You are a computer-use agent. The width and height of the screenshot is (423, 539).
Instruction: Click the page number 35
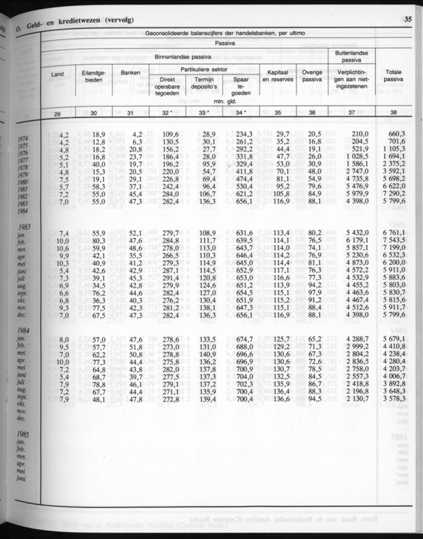(x=408, y=20)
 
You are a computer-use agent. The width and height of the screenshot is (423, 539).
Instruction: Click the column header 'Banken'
(x=130, y=73)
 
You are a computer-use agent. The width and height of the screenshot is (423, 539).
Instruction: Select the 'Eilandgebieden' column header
(x=94, y=76)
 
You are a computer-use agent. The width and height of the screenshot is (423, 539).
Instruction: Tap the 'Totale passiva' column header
(x=394, y=76)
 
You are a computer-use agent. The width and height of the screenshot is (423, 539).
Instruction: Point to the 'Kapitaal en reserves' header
(x=278, y=76)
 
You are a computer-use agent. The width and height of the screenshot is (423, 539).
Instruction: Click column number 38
(x=394, y=113)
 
